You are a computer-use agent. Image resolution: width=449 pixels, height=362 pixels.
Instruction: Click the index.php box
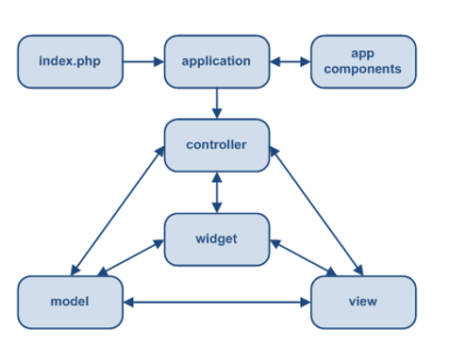pos(71,62)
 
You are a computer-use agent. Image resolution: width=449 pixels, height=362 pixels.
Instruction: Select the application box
pos(217,62)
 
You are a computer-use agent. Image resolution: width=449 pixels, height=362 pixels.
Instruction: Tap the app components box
pos(363,62)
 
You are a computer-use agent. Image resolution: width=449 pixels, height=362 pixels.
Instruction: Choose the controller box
pos(217,145)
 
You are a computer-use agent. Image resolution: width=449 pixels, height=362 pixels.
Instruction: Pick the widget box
pos(217,239)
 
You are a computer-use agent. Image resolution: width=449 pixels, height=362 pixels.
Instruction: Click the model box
pos(71,302)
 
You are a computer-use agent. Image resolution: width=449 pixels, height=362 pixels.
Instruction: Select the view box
pos(363,302)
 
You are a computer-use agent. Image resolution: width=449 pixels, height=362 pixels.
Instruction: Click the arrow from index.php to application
pos(144,62)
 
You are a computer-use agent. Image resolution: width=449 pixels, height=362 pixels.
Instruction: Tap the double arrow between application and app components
pos(291,62)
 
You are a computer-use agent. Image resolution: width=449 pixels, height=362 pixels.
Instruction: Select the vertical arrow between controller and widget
pos(217,192)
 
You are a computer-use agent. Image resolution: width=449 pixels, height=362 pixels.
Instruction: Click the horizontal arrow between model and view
pos(217,303)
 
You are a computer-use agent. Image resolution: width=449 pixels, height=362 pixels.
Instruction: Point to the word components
pos(363,70)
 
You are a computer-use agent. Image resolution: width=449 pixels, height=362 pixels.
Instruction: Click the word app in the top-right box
pos(363,54)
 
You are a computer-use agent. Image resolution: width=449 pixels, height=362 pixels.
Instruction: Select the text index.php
pos(71,62)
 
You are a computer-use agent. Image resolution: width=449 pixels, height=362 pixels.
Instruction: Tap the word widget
pos(217,239)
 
